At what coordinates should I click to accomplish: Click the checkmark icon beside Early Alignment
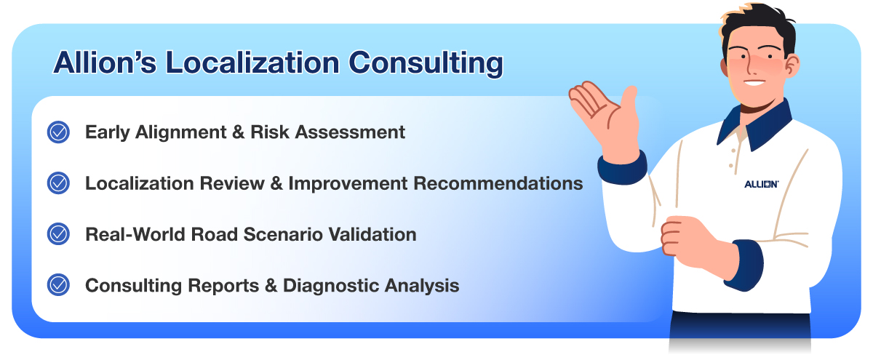(x=58, y=132)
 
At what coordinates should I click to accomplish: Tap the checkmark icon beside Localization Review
(x=58, y=183)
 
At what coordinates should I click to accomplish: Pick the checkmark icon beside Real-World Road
(x=58, y=234)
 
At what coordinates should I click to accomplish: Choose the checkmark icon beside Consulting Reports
(x=58, y=285)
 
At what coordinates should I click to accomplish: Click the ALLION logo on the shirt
(x=762, y=184)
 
